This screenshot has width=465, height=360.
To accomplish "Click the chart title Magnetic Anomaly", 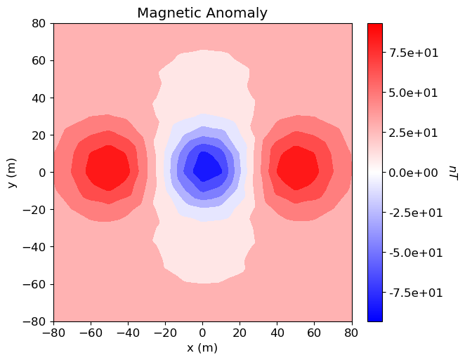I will coord(202,13).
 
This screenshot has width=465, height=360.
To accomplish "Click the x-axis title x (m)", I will coord(202,347).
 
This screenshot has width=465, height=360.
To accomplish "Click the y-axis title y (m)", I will coord(12,173).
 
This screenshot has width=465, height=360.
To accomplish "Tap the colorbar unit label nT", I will coord(454,173).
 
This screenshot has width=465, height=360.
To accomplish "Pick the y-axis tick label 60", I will coord(39,60).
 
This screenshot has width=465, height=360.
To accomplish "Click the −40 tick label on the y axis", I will coord(36,247).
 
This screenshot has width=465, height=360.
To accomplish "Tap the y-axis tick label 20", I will coord(39,135).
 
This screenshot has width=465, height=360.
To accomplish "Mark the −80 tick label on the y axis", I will coord(36,321).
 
